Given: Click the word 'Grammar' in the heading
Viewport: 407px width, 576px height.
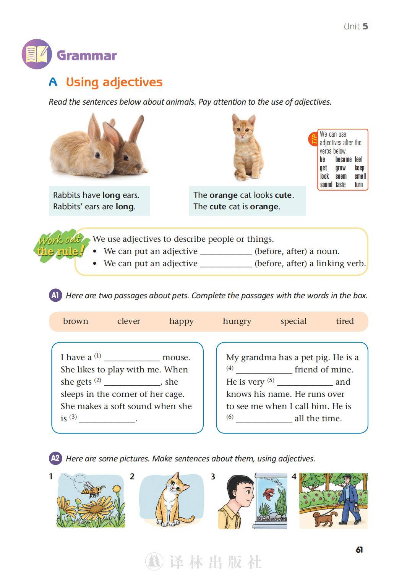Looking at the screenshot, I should (x=87, y=55).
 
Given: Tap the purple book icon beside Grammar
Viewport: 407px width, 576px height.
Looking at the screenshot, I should (x=37, y=54).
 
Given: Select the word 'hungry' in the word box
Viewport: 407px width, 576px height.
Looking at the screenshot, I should (x=237, y=321).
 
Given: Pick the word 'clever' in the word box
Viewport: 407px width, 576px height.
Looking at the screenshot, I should (x=128, y=321).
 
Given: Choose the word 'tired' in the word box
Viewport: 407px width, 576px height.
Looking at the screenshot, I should (x=345, y=321).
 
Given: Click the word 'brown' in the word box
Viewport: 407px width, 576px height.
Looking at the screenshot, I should (x=75, y=321).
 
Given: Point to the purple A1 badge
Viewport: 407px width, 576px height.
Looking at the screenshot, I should (x=55, y=295).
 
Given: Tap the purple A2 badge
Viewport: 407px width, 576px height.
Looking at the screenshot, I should (x=55, y=458).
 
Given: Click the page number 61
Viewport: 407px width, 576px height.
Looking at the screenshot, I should (x=359, y=550).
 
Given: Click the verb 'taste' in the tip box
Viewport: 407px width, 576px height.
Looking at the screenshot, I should (x=341, y=185).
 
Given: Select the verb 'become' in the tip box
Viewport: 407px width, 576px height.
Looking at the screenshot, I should (x=343, y=160).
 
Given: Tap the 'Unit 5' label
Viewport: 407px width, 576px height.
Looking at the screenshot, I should (x=355, y=26).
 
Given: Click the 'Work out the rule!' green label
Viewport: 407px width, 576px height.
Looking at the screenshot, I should (x=60, y=245).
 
